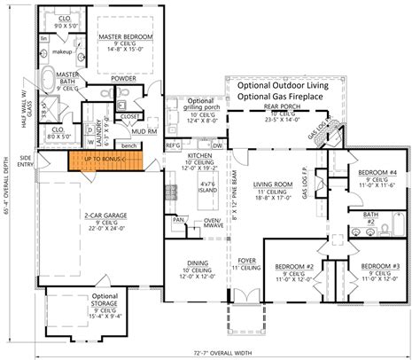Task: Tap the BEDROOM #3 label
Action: point(383,266)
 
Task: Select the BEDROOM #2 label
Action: point(294,266)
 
